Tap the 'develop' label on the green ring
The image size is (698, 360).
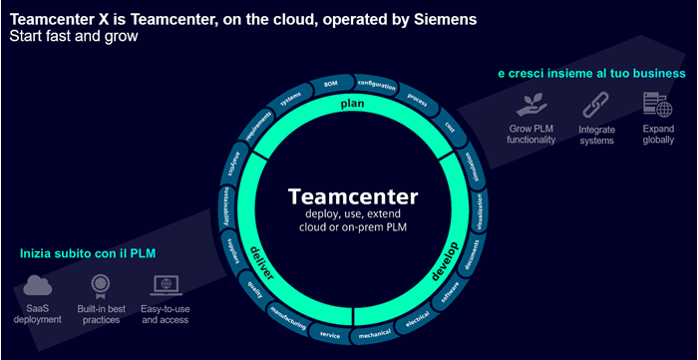(x=449, y=261)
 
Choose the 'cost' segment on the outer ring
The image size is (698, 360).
(x=451, y=127)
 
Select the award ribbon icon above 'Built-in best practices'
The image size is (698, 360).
(x=100, y=288)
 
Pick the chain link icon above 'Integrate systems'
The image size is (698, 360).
(x=595, y=105)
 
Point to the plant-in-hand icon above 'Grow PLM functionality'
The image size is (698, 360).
(x=529, y=105)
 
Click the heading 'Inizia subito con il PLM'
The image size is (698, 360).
(x=87, y=254)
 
